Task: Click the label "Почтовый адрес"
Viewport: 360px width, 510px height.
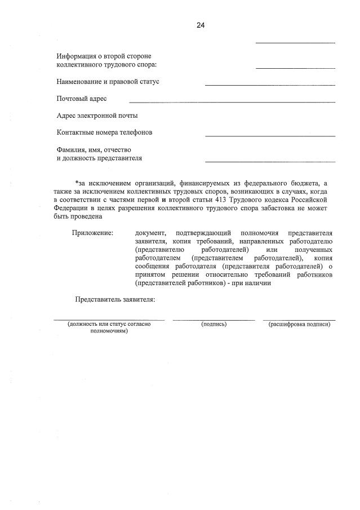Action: pyautogui.click(x=82, y=99)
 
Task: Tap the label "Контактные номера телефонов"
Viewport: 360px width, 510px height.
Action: pyautogui.click(x=104, y=132)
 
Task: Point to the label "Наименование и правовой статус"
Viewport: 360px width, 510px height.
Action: pyautogui.click(x=108, y=82)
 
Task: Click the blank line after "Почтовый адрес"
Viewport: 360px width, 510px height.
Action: pyautogui.click(x=232, y=102)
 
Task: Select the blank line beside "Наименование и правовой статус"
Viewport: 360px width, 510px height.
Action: pyautogui.click(x=270, y=85)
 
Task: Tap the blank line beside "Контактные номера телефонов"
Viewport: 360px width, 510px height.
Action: pyautogui.click(x=270, y=136)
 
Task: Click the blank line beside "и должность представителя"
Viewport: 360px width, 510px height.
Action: pyautogui.click(x=270, y=162)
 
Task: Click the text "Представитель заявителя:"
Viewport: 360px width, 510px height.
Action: pyautogui.click(x=115, y=299)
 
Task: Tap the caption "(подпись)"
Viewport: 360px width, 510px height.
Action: pyautogui.click(x=214, y=324)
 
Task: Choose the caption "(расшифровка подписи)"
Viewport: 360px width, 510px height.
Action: pyautogui.click(x=299, y=324)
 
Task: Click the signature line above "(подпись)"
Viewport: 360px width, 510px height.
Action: pyautogui.click(x=214, y=320)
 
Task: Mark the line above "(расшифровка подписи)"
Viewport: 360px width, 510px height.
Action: pyautogui.click(x=299, y=320)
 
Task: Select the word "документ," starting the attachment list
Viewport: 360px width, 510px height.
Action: pyautogui.click(x=150, y=233)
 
